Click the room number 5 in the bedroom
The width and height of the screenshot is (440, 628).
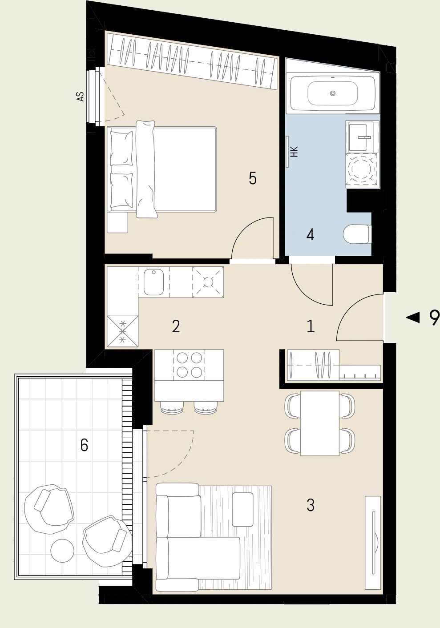252,178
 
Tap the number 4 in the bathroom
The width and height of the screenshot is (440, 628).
310,235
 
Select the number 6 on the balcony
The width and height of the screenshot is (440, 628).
84,445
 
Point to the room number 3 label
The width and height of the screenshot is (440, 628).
311,505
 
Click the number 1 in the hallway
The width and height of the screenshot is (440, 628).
311,326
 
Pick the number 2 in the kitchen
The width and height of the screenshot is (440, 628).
176,326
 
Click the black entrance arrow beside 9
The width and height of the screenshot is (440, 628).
413,318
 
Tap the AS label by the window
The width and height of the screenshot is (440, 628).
81,97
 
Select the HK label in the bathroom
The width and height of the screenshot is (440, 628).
294,152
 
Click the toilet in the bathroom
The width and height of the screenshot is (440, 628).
357,234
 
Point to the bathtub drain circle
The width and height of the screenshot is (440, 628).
333,93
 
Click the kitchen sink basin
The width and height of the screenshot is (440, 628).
153,282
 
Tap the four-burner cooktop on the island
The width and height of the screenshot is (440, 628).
189,365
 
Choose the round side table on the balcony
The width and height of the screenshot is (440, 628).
62,550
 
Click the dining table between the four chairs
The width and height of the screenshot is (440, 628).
320,423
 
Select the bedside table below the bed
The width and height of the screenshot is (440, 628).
117,222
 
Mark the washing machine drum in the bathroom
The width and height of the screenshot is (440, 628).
361,169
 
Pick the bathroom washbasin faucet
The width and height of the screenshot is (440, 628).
364,137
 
